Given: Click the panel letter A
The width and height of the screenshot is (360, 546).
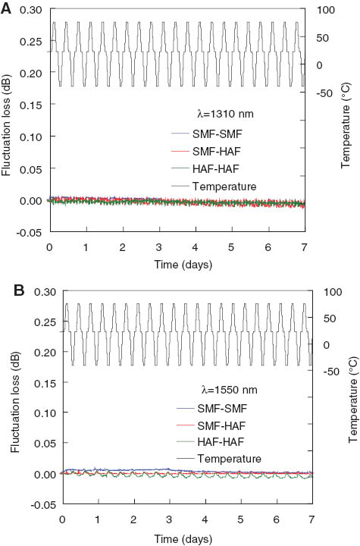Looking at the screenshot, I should tap(7, 8).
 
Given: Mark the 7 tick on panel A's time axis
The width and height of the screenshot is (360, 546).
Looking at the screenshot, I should tap(304, 248).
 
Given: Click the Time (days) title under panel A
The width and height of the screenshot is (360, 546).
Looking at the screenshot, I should tap(176, 265).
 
